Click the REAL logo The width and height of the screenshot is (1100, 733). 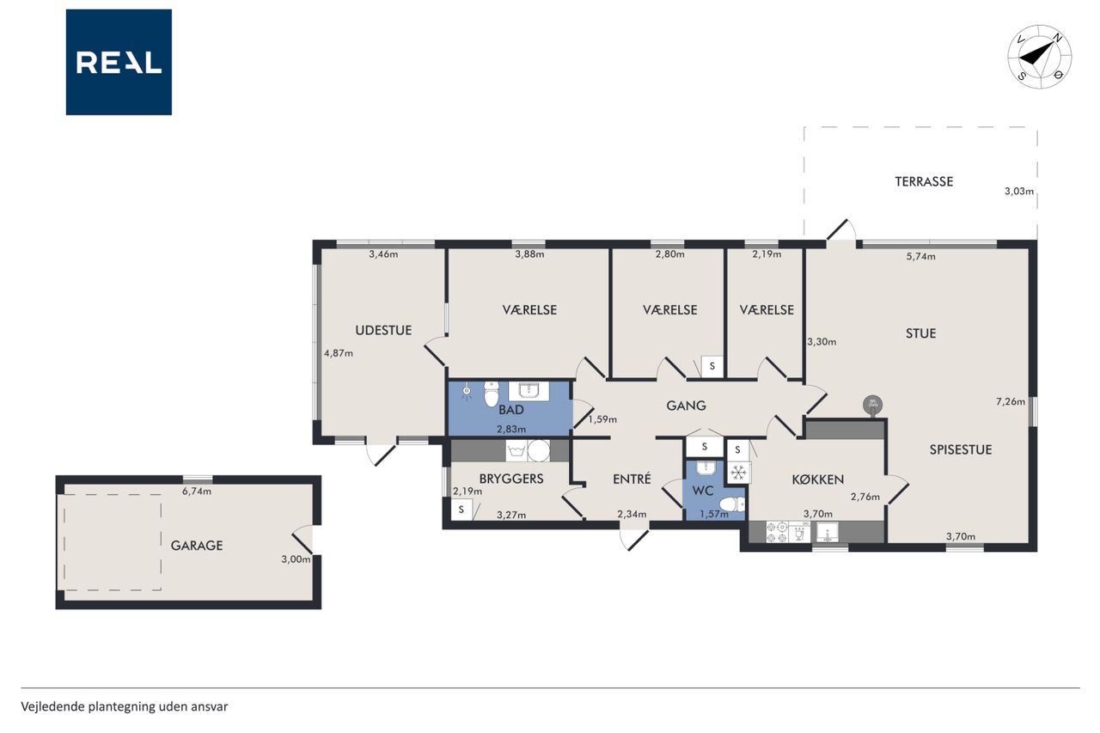click(x=119, y=62)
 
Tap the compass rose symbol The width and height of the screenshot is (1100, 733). click(x=1040, y=57)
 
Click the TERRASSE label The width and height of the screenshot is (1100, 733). click(x=924, y=181)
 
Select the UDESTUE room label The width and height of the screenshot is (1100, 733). click(x=383, y=331)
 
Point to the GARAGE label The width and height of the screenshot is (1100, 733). click(x=197, y=546)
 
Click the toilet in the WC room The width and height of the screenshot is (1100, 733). click(x=732, y=504)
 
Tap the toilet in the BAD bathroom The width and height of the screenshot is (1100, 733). click(x=491, y=394)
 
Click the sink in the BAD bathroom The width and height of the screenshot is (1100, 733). click(x=529, y=391)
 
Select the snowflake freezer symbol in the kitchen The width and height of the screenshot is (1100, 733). click(x=737, y=473)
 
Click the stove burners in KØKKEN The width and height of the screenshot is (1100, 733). click(x=778, y=532)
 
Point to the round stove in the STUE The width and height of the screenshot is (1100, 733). click(x=872, y=406)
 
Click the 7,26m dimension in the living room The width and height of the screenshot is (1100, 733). click(x=1011, y=401)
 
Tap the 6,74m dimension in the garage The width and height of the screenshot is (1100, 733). click(x=197, y=492)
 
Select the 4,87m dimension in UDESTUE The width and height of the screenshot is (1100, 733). click(x=339, y=353)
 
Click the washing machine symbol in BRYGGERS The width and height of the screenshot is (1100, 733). click(x=516, y=450)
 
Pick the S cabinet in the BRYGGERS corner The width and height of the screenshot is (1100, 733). click(x=461, y=510)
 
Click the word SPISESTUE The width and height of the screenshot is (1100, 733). click(x=961, y=449)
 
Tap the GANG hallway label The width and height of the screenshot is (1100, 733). click(x=686, y=406)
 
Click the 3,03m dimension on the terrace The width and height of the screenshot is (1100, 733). click(x=1019, y=192)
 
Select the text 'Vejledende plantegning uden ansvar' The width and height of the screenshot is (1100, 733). click(x=125, y=707)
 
